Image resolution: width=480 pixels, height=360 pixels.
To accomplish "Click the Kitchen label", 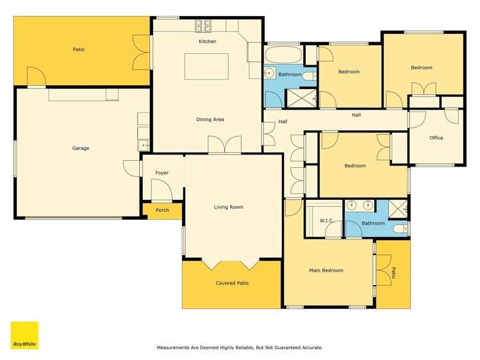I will [x=207, y=42].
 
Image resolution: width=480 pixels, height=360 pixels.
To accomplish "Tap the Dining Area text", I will [x=210, y=120].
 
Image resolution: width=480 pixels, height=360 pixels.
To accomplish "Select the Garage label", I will [x=81, y=149].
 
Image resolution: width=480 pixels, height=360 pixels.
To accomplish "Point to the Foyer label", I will [x=162, y=173].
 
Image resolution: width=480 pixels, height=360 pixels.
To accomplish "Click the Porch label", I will [x=162, y=210].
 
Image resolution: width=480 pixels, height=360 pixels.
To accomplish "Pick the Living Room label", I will [x=228, y=207].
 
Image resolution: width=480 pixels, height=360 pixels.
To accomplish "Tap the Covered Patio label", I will [x=233, y=283].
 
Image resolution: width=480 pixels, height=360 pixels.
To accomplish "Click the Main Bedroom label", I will [x=326, y=270].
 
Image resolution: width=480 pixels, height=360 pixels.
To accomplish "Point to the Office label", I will [x=436, y=138].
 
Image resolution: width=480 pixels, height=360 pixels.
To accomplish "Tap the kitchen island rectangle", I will [x=206, y=67].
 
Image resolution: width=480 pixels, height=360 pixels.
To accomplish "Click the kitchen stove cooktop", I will [x=204, y=26].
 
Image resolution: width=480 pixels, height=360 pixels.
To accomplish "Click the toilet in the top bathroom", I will [x=310, y=76].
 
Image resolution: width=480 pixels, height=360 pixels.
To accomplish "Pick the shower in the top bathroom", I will [x=300, y=97].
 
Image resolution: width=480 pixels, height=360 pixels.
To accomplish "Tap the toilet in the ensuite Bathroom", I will [x=399, y=229].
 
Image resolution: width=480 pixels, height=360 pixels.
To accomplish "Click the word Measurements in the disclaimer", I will [x=175, y=348].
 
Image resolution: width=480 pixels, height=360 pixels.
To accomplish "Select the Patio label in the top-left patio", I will [x=78, y=49].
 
